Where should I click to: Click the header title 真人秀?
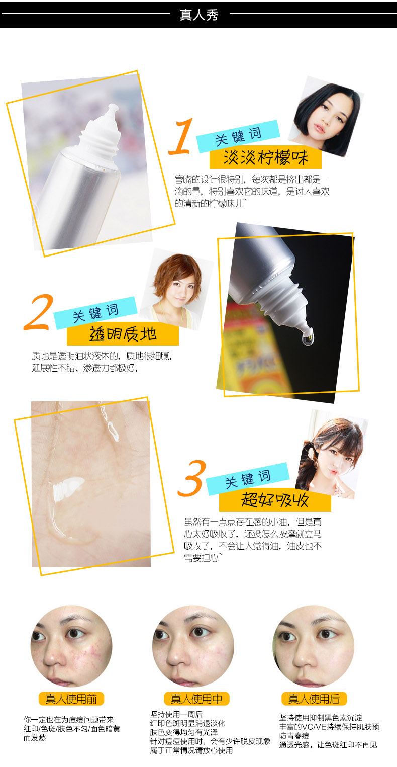click(199, 15)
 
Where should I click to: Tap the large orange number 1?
click(181, 137)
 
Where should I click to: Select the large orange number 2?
click(39, 312)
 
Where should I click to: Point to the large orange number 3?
click(192, 478)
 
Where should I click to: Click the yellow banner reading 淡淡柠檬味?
click(265, 158)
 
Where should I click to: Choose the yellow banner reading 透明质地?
click(123, 334)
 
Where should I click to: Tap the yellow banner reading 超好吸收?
click(275, 500)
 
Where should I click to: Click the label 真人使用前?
click(71, 699)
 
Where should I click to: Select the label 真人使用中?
click(196, 699)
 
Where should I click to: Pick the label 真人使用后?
click(314, 699)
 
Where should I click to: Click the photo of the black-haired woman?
click(326, 116)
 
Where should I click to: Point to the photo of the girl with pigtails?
click(332, 454)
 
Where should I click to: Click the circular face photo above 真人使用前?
click(71, 646)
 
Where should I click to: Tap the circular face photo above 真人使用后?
click(314, 646)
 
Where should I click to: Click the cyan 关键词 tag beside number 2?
click(95, 313)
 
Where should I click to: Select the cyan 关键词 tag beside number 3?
click(248, 479)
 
